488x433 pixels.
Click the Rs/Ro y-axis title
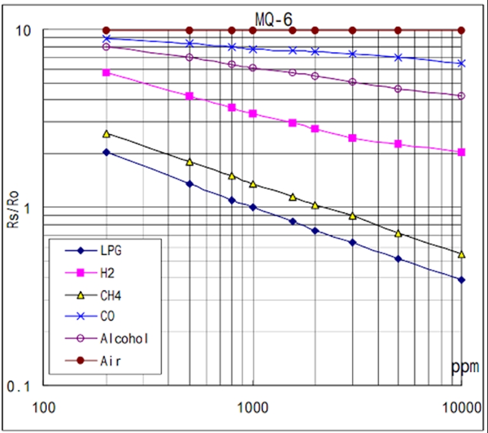14,208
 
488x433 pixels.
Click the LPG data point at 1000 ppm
253,207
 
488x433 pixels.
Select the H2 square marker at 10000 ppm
461,152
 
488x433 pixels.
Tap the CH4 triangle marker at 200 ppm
107,134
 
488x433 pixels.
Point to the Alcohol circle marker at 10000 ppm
461,96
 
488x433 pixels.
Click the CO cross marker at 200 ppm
107,39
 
